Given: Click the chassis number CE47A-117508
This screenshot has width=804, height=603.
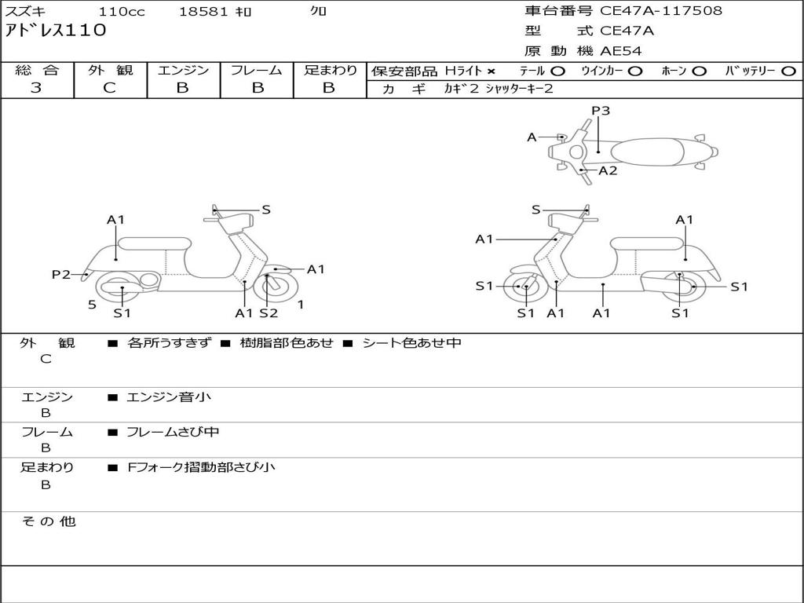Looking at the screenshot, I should (661, 11).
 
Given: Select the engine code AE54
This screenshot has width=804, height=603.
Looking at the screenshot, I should (621, 51).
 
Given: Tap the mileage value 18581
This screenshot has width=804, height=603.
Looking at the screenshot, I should (203, 12).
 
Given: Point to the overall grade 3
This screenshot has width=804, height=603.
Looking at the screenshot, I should (36, 88).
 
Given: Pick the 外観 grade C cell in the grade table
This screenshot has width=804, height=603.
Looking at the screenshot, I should (110, 88).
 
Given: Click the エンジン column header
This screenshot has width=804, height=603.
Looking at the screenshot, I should (183, 70).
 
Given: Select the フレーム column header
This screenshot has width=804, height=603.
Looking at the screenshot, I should (256, 70).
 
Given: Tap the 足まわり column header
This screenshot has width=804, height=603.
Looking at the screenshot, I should (330, 70).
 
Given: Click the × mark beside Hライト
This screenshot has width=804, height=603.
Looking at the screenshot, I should (492, 71).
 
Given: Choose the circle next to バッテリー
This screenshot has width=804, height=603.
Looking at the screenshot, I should (788, 71).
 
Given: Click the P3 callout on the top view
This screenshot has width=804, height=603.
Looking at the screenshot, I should (601, 111).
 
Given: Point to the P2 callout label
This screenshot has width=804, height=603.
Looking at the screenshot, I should (61, 274).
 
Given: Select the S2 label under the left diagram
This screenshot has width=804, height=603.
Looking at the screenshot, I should (269, 313).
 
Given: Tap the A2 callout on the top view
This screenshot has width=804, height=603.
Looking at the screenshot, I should (608, 170).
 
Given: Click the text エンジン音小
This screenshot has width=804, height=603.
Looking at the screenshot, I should (169, 397).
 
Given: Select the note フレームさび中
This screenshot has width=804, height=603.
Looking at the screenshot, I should (173, 432).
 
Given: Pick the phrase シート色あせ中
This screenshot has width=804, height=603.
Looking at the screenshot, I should (411, 343).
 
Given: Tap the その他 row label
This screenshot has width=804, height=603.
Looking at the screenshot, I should (48, 521).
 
